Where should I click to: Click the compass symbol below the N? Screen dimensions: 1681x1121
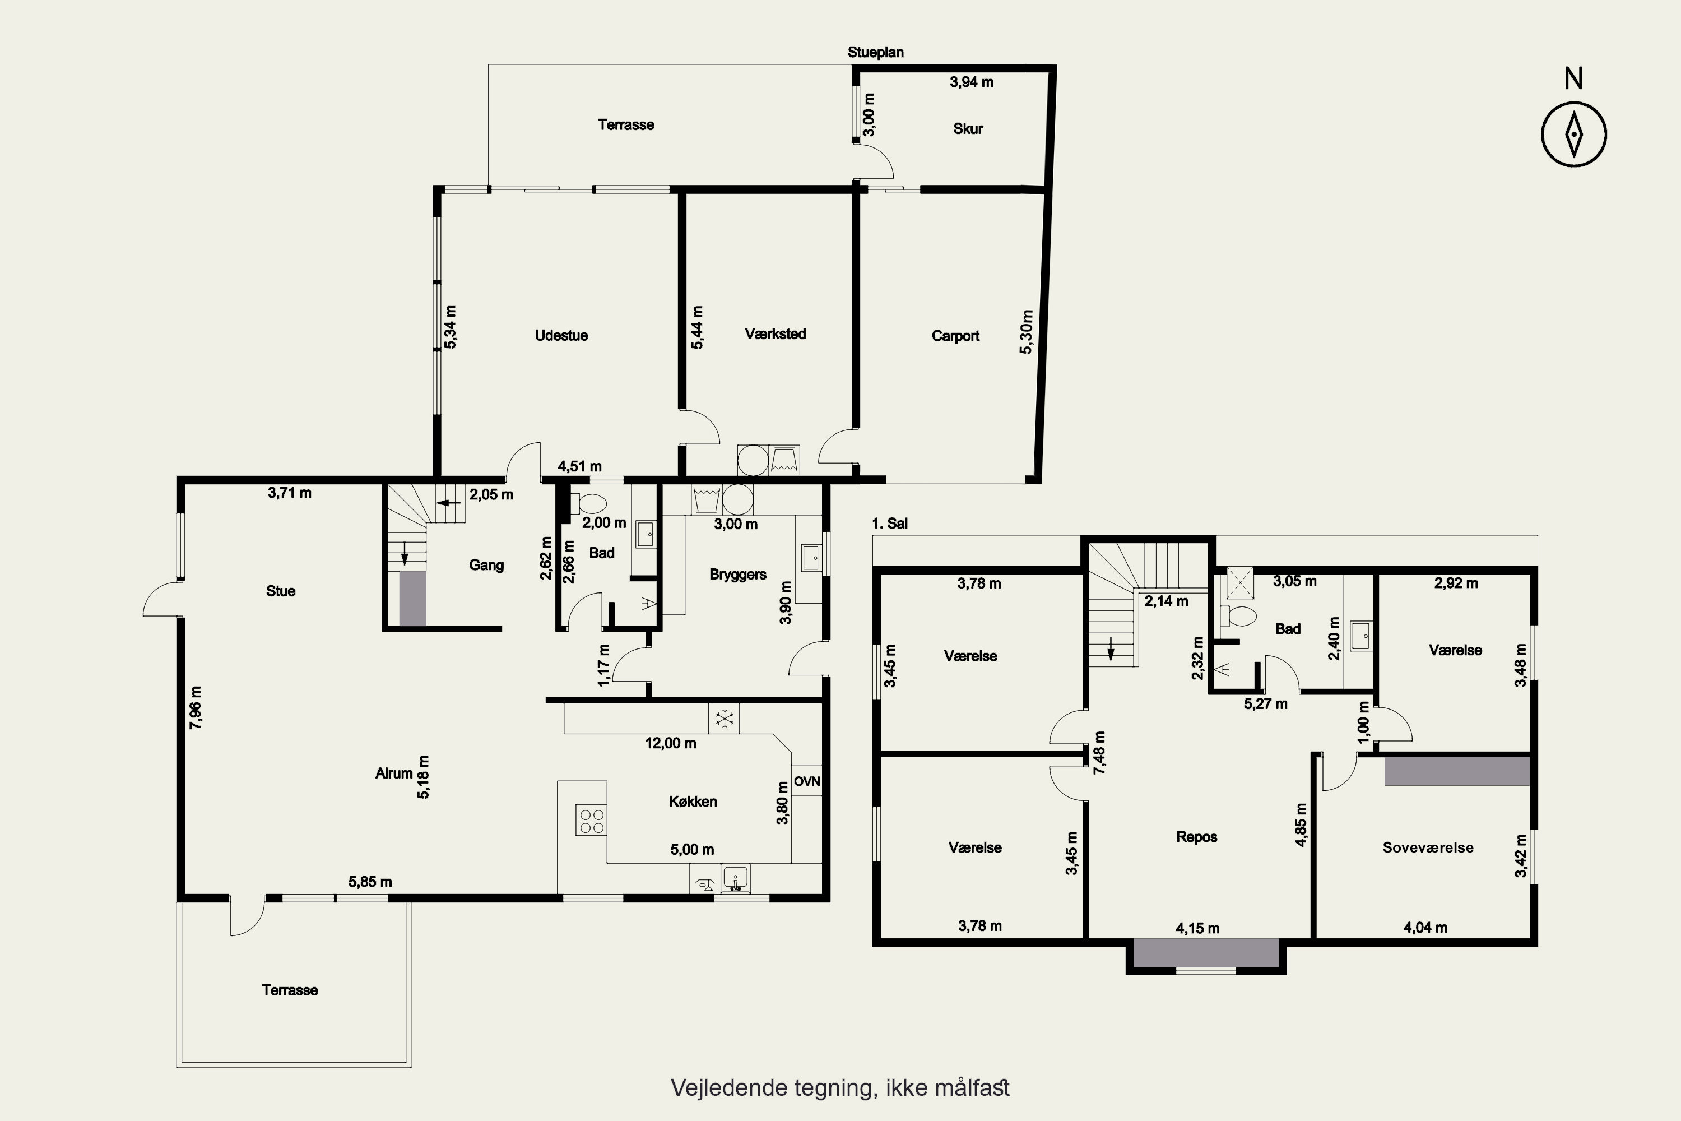pyautogui.click(x=1574, y=135)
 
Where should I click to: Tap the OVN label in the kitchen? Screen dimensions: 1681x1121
pyautogui.click(x=807, y=781)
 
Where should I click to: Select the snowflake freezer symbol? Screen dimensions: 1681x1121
pyautogui.click(x=724, y=719)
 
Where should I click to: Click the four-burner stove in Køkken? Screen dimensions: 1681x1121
pyautogui.click(x=591, y=820)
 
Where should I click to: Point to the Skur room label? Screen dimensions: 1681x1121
pyautogui.click(x=968, y=129)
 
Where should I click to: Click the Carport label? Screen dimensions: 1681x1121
pyautogui.click(x=955, y=336)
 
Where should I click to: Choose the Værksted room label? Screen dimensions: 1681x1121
pyautogui.click(x=776, y=334)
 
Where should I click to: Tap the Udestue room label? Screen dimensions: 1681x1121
pyautogui.click(x=562, y=335)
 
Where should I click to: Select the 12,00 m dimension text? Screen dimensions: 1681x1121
pyautogui.click(x=670, y=743)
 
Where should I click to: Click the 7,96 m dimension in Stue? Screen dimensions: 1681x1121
pyautogui.click(x=195, y=707)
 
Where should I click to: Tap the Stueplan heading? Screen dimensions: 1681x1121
pyautogui.click(x=875, y=52)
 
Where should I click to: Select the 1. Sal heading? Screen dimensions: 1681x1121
pyautogui.click(x=890, y=524)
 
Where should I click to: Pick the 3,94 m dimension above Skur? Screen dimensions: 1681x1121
pyautogui.click(x=971, y=82)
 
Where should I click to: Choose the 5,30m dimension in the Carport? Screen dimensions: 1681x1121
pyautogui.click(x=1027, y=332)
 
